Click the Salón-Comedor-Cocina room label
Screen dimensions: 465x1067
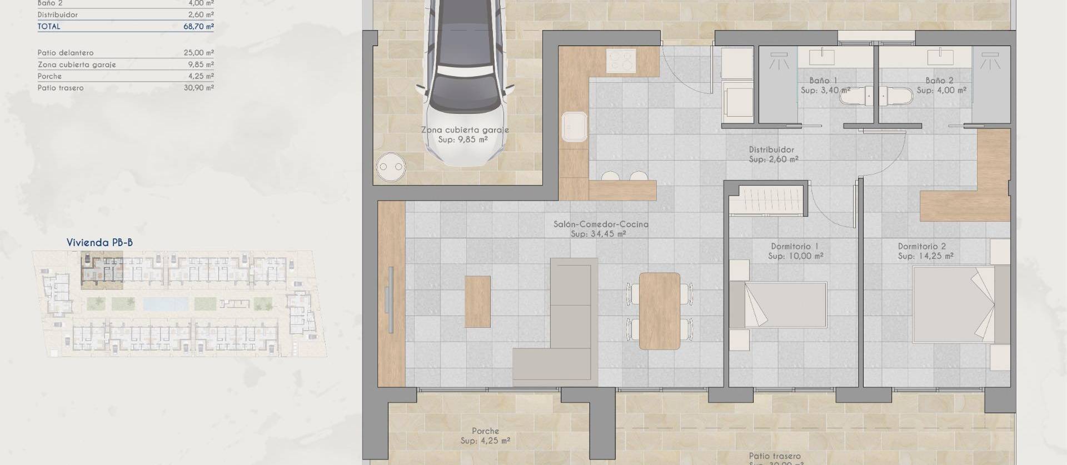[601, 224]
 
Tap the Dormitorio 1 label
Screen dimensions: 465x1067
[795, 247]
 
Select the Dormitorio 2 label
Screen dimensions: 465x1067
[922, 247]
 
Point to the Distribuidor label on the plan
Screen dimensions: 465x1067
[771, 149]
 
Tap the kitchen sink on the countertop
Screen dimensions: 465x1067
[574, 126]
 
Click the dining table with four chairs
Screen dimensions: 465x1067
[660, 311]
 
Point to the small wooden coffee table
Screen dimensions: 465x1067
[477, 302]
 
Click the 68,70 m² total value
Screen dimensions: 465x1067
[198, 26]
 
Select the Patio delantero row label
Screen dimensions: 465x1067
[66, 53]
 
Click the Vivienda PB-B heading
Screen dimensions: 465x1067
[99, 242]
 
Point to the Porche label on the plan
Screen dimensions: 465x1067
[485, 431]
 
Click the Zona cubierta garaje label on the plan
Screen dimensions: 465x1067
[465, 130]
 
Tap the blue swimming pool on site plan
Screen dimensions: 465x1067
[166, 304]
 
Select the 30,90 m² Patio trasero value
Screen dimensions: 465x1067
[198, 88]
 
